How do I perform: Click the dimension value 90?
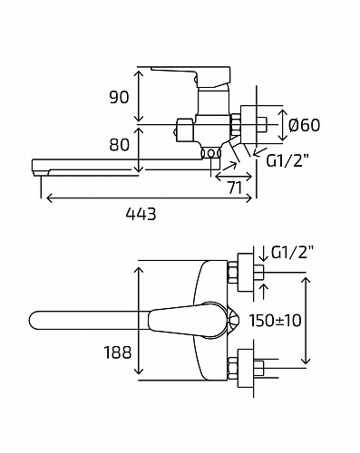119,97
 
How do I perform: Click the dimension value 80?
119,144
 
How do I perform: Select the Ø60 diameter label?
304,125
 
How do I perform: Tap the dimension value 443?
141,214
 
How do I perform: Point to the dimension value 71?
235,188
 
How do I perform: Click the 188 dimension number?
118,352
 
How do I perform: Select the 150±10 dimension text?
275,321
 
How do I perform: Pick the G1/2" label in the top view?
292,253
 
